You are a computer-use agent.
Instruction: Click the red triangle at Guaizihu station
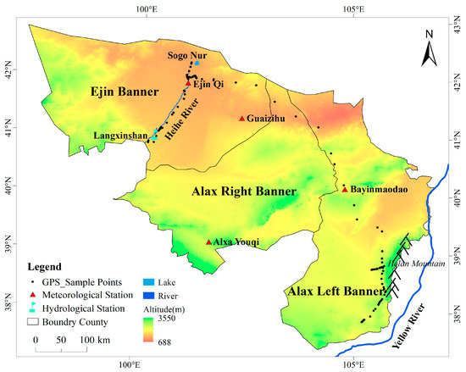242,119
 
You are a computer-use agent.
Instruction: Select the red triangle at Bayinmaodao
345,189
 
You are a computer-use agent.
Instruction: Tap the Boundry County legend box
33,322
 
